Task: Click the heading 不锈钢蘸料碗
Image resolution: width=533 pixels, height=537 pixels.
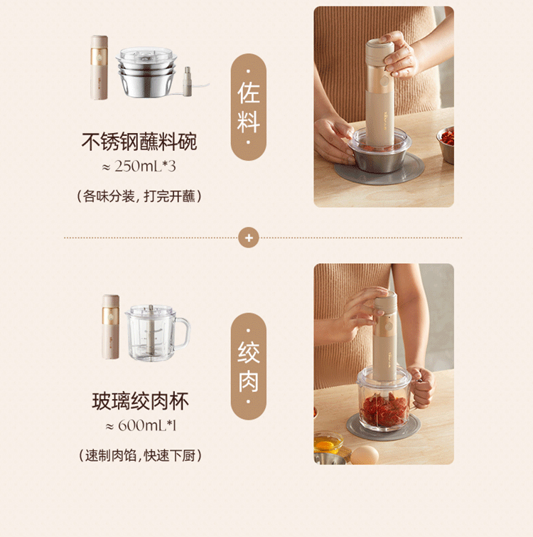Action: click(x=139, y=142)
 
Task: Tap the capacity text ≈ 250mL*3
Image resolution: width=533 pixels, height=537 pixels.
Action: click(x=139, y=166)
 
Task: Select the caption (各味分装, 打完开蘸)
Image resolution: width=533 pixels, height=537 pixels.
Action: click(x=139, y=196)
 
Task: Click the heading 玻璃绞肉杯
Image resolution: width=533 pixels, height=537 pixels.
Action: click(x=140, y=401)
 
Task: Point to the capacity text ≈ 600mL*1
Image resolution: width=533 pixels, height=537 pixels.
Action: click(x=141, y=426)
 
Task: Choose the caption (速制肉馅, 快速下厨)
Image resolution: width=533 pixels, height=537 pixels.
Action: click(x=140, y=455)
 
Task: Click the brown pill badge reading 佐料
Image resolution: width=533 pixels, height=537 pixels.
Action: click(x=249, y=107)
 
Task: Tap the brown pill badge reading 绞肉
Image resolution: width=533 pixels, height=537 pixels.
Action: click(x=249, y=366)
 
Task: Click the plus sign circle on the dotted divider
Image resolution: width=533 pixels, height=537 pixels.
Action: click(x=249, y=238)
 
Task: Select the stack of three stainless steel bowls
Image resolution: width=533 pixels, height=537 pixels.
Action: click(x=146, y=72)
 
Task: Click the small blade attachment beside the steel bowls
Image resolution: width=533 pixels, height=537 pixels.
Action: click(x=188, y=82)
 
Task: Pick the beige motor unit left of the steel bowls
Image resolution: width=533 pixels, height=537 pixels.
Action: click(x=99, y=68)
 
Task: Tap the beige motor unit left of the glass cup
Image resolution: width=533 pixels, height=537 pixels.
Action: click(x=111, y=326)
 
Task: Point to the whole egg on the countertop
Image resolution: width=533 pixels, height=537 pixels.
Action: click(x=365, y=455)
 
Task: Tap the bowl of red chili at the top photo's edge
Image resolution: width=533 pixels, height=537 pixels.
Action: click(x=446, y=144)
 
